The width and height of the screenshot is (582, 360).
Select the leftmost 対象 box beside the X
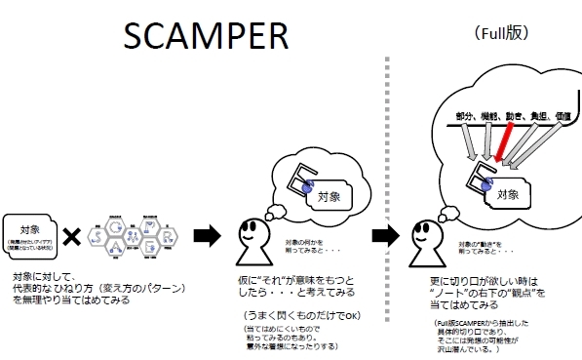click(x=30, y=234)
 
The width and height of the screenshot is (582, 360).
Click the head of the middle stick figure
click(x=254, y=233)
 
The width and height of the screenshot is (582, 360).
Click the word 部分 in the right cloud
click(x=468, y=117)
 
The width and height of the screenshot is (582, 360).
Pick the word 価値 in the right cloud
click(x=562, y=117)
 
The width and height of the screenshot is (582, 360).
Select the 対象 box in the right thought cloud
click(x=508, y=194)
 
